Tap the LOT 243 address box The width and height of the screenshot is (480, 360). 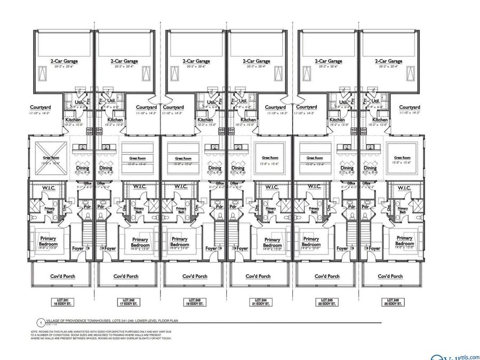(x=194, y=302)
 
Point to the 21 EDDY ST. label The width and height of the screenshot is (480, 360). (x=260, y=304)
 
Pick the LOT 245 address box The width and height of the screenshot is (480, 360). (x=326, y=302)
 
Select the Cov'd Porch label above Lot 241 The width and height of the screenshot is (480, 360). (x=62, y=276)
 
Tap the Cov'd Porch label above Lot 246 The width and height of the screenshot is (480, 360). (x=390, y=276)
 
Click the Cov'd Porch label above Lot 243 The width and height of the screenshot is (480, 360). (x=195, y=276)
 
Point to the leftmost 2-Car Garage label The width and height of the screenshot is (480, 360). (x=63, y=61)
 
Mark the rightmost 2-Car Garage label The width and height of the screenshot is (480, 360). (x=388, y=61)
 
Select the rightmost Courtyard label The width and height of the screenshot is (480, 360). (x=410, y=107)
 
